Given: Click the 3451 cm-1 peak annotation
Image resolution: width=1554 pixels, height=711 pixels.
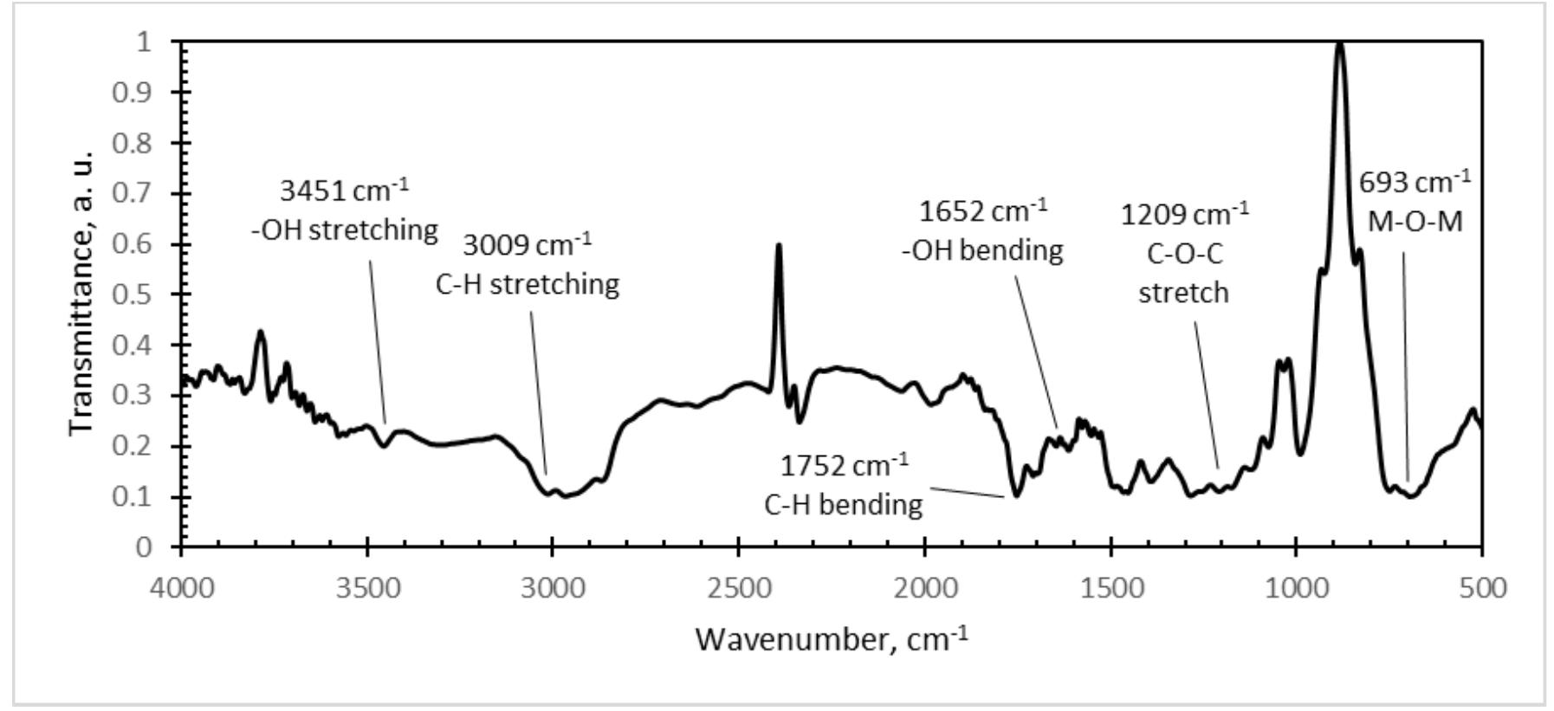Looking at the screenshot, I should click(344, 191).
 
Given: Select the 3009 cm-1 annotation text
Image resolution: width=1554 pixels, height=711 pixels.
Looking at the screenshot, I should click(527, 246).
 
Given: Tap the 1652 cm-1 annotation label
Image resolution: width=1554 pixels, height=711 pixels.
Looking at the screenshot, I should click(982, 211).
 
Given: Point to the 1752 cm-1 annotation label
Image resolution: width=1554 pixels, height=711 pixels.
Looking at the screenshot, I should click(845, 466).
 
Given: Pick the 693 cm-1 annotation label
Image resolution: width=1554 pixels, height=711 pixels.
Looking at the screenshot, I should click(1414, 183).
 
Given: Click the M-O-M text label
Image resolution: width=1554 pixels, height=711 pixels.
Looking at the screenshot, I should click(1415, 222).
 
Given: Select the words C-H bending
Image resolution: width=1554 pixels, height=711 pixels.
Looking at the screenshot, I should click(843, 504).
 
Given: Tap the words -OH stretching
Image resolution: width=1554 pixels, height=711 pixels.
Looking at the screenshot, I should click(345, 230).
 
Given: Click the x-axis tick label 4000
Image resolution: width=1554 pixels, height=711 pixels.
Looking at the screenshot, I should click(181, 588).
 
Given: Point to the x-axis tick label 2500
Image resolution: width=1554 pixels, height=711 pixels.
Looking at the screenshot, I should click(738, 588).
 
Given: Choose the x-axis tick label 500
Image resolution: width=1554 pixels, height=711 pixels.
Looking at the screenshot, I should click(1482, 588).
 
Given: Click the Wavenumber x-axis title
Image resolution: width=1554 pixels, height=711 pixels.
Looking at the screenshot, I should click(831, 640).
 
